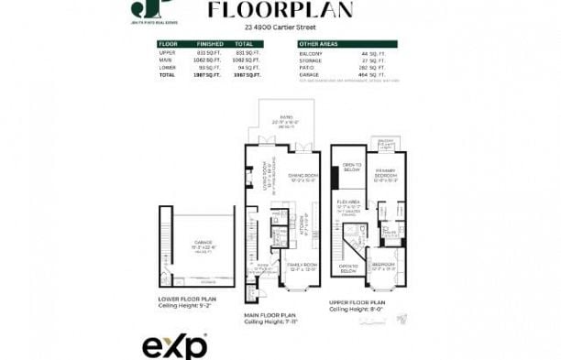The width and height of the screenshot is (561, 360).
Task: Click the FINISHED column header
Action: [210, 43]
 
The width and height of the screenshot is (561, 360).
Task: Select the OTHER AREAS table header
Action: [318, 43]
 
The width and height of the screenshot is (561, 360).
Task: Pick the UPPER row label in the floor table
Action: [167, 52]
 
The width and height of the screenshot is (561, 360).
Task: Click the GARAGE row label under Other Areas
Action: [308, 74]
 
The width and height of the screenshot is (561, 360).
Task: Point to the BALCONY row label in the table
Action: [309, 52]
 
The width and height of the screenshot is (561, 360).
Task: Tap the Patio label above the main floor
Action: [286, 119]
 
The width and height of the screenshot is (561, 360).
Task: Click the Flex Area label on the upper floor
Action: [348, 202]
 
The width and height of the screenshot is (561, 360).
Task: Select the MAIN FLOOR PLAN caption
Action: [271, 316]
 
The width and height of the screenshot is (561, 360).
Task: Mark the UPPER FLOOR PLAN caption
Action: [359, 301]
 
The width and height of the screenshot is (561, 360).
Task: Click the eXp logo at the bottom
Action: [174, 346]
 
